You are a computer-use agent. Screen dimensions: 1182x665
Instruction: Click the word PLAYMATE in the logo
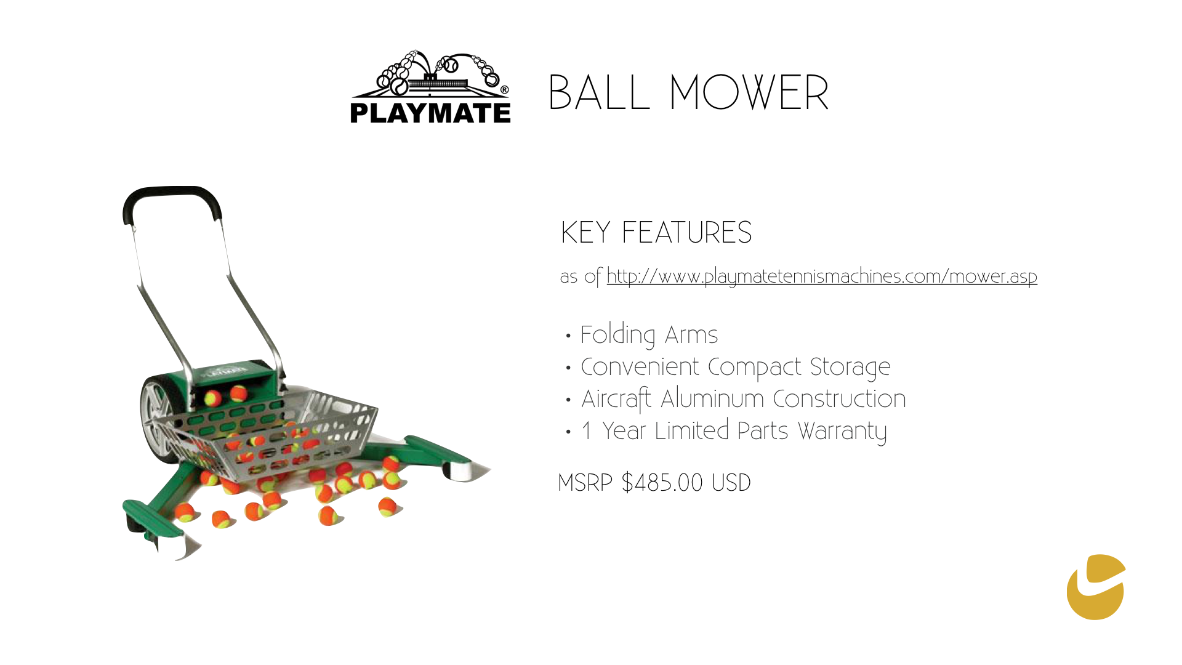[430, 113]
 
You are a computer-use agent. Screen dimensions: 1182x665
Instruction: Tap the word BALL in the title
[599, 93]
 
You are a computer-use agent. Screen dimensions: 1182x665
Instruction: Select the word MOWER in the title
[749, 93]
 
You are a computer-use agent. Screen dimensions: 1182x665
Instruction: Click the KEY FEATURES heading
[656, 233]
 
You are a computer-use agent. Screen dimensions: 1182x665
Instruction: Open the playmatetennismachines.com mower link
[822, 276]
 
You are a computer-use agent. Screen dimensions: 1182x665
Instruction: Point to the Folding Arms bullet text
[649, 335]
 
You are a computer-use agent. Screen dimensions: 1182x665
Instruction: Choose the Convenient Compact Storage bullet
[736, 367]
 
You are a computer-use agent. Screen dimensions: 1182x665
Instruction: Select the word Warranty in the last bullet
[842, 431]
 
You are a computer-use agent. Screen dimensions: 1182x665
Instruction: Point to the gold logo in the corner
[1096, 587]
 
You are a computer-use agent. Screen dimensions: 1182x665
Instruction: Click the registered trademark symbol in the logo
[505, 90]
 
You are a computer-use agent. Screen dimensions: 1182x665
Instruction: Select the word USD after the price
[731, 483]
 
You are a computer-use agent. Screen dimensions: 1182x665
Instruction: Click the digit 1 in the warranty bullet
[587, 431]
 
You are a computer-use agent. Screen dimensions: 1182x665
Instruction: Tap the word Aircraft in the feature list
[616, 399]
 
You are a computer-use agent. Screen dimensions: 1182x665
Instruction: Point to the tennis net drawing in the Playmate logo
[438, 83]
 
